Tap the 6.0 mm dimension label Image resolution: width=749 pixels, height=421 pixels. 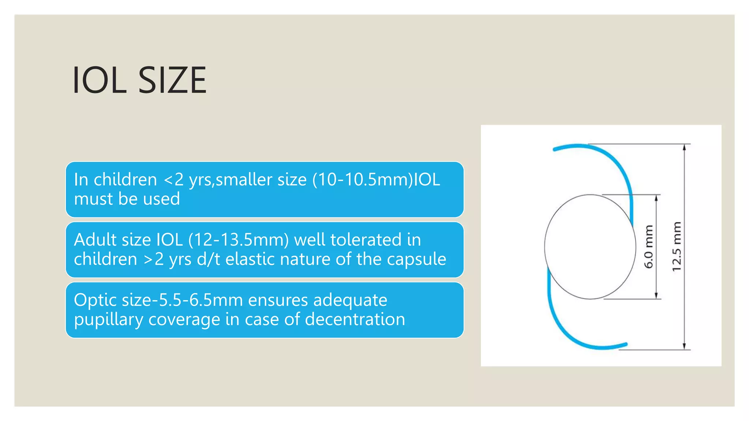tap(648, 247)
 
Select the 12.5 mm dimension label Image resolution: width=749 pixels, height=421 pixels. tap(677, 247)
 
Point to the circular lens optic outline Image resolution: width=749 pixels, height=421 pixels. tap(545, 247)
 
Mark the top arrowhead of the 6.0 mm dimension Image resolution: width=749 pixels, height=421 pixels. tap(656, 198)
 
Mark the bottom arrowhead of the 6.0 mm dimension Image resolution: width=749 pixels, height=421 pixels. tap(656, 296)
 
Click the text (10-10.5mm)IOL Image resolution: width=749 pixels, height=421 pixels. tap(376, 179)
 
